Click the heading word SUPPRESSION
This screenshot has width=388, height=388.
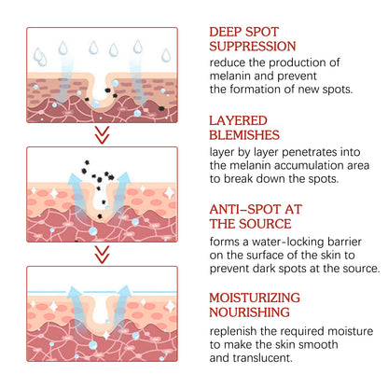tap(253, 47)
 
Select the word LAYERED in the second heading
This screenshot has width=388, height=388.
tap(238, 120)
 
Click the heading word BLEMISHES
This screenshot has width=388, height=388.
tap(244, 135)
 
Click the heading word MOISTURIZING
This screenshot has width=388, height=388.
tap(255, 298)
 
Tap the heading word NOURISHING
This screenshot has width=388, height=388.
tap(249, 312)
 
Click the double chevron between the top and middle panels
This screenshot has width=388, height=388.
tap(102, 134)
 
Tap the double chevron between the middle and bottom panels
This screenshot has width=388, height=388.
tap(102, 255)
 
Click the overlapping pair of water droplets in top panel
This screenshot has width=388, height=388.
tap(40, 57)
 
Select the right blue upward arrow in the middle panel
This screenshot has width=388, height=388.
tap(120, 190)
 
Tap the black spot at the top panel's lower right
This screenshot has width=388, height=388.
tap(161, 108)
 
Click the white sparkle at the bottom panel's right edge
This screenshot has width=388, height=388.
tap(170, 307)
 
